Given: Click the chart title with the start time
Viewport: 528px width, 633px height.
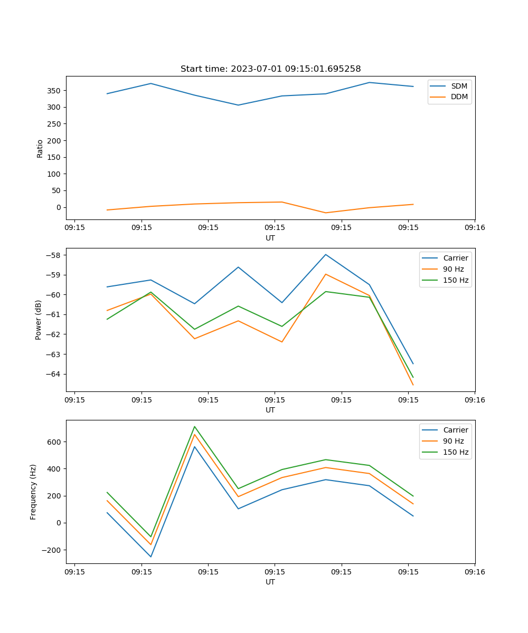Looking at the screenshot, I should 270,69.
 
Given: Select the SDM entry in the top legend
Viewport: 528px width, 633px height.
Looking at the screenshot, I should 459,86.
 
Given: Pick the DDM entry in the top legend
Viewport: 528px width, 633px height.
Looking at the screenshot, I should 459,97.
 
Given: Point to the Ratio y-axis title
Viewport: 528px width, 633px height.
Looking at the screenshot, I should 40,149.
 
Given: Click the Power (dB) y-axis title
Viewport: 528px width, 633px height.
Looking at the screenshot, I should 39,320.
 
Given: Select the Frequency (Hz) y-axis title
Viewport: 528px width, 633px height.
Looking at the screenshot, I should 33,492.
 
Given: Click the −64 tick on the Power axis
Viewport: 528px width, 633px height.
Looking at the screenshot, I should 54,374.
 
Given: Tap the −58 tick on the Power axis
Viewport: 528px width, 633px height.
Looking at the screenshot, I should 54,255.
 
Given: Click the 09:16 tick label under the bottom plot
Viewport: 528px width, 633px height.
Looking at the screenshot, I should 475,572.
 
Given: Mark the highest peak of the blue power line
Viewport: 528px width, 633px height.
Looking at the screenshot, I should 326,254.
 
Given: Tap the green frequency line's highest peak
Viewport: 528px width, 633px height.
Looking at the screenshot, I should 194,426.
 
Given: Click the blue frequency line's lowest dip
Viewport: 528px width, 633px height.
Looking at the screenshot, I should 151,557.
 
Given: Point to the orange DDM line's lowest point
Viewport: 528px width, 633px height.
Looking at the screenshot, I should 326,213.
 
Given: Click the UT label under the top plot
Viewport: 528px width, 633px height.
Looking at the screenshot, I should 270,238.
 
